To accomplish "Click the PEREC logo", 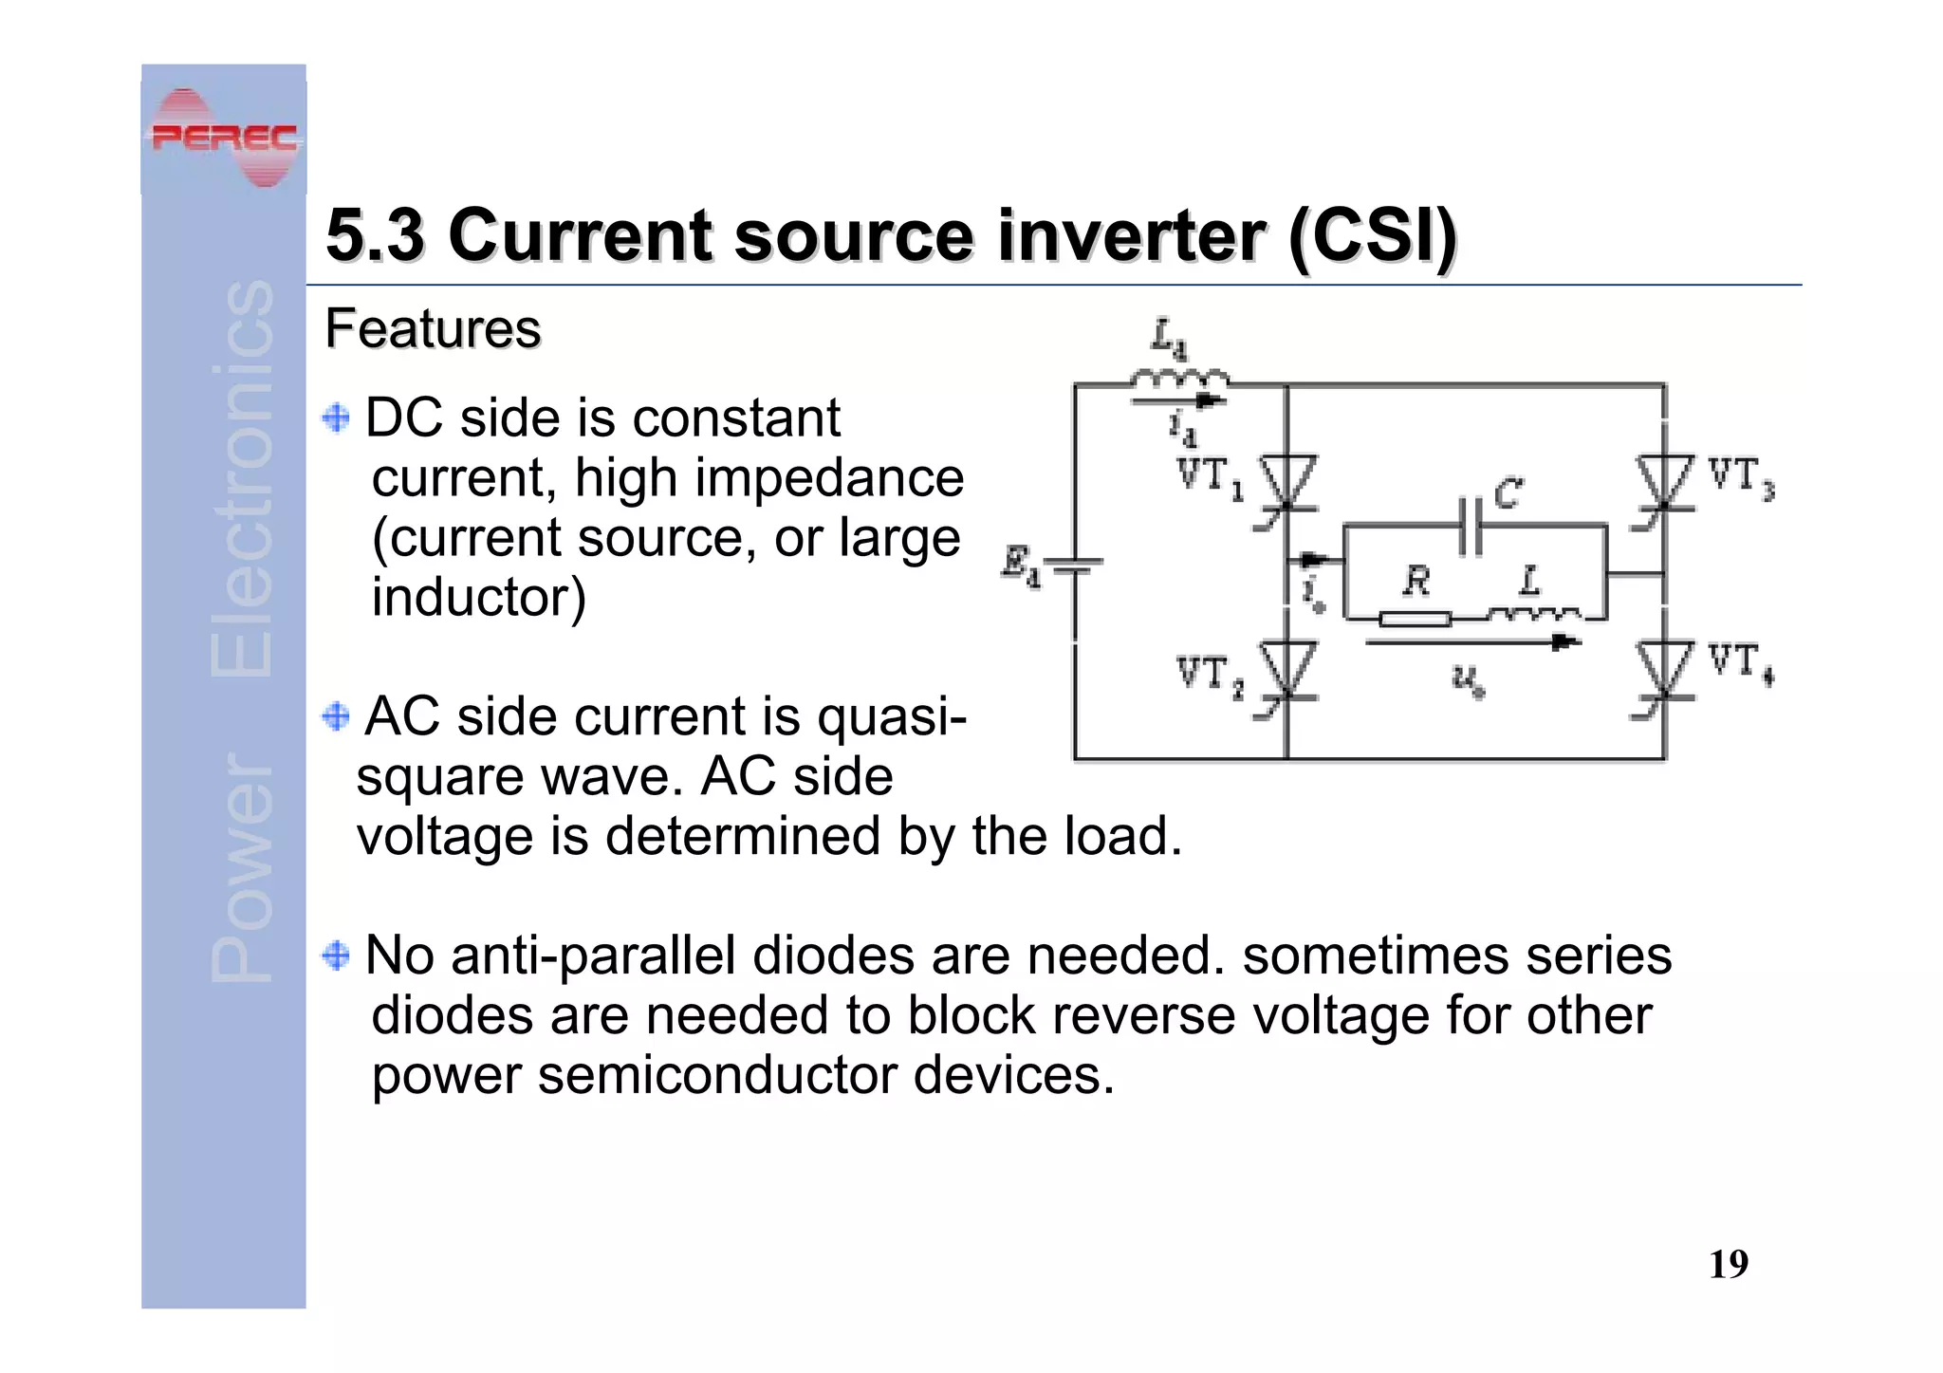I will [224, 138].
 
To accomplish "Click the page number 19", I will [1728, 1264].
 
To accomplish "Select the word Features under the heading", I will [433, 329].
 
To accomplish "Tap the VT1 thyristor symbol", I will [1286, 482].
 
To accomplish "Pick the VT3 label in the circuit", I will [1740, 477].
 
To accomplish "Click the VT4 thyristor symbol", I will [1664, 670].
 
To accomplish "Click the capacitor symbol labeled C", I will [1470, 524].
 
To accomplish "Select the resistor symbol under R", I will [1415, 620].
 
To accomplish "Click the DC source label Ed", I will [1021, 566].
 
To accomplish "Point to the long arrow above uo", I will [1471, 643].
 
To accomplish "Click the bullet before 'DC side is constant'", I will [336, 417].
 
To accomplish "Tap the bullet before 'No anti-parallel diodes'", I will [336, 955].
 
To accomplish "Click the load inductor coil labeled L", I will [1533, 614].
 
